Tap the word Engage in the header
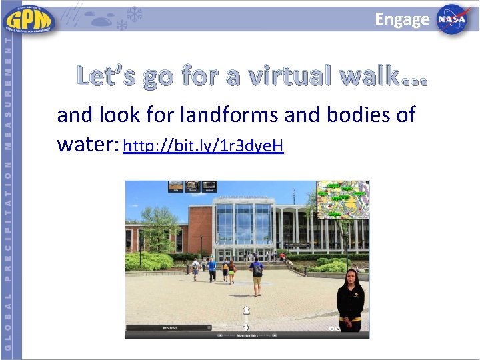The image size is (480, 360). click(x=402, y=19)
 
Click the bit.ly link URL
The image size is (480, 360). click(x=203, y=145)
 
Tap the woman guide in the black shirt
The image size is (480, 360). click(x=350, y=300)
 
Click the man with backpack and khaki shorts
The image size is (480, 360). click(x=256, y=276)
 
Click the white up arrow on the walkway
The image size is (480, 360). click(x=246, y=311)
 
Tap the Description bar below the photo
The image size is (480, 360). click(x=169, y=327)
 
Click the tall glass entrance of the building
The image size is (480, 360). click(x=243, y=227)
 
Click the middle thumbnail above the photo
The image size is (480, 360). click(x=193, y=187)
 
